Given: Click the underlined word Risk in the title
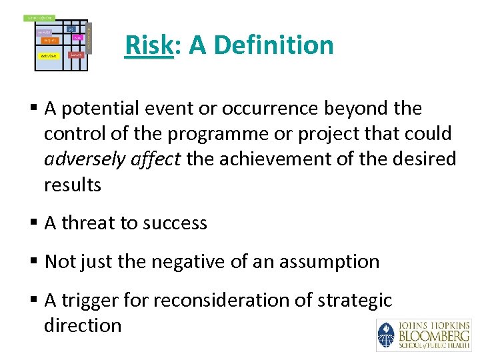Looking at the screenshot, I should pos(149,45).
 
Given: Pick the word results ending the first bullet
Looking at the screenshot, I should pos(72,185).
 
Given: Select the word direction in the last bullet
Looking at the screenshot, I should pos(83,325).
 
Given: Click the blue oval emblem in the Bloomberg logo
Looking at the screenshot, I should pos(385,335).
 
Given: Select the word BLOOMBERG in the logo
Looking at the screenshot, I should pos(433,335).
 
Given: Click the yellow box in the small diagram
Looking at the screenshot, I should pos(49,56).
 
